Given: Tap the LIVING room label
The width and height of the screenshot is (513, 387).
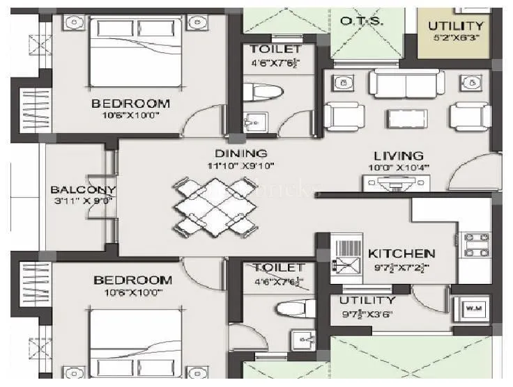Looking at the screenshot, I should [x=398, y=156].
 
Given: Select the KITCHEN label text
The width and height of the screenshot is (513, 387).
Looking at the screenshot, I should [x=401, y=254].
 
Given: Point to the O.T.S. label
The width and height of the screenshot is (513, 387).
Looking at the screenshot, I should [x=360, y=22].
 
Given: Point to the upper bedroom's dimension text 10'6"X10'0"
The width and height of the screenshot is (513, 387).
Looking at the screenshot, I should [x=130, y=116].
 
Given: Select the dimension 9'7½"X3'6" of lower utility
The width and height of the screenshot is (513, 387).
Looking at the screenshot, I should [x=367, y=314].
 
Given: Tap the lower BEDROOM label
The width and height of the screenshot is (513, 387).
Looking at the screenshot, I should [x=132, y=281].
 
